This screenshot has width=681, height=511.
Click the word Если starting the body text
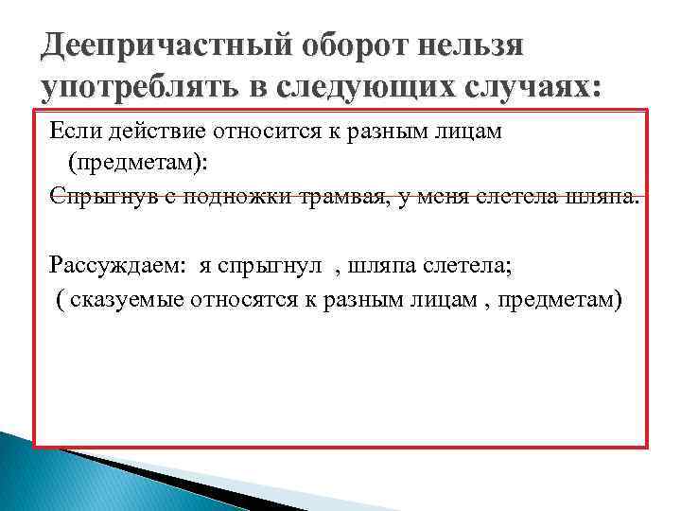tap(73, 132)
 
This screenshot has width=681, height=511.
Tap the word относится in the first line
tap(251, 132)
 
